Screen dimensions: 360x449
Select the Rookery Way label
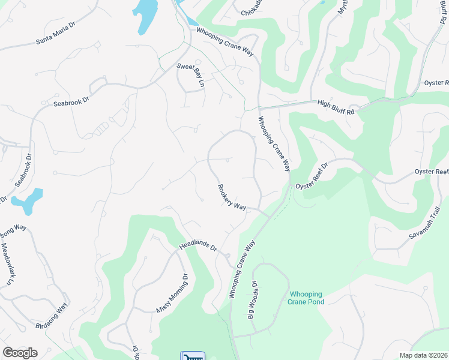click(232, 197)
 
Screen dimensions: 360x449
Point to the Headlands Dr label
click(197, 245)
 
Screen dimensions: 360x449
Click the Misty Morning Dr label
click(172, 293)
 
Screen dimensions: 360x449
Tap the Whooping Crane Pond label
click(306, 298)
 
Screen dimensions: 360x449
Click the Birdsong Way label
click(52, 316)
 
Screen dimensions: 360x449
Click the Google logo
click(20, 353)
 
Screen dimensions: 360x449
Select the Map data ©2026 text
click(423, 355)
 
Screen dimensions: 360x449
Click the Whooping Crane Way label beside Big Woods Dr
click(242, 269)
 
